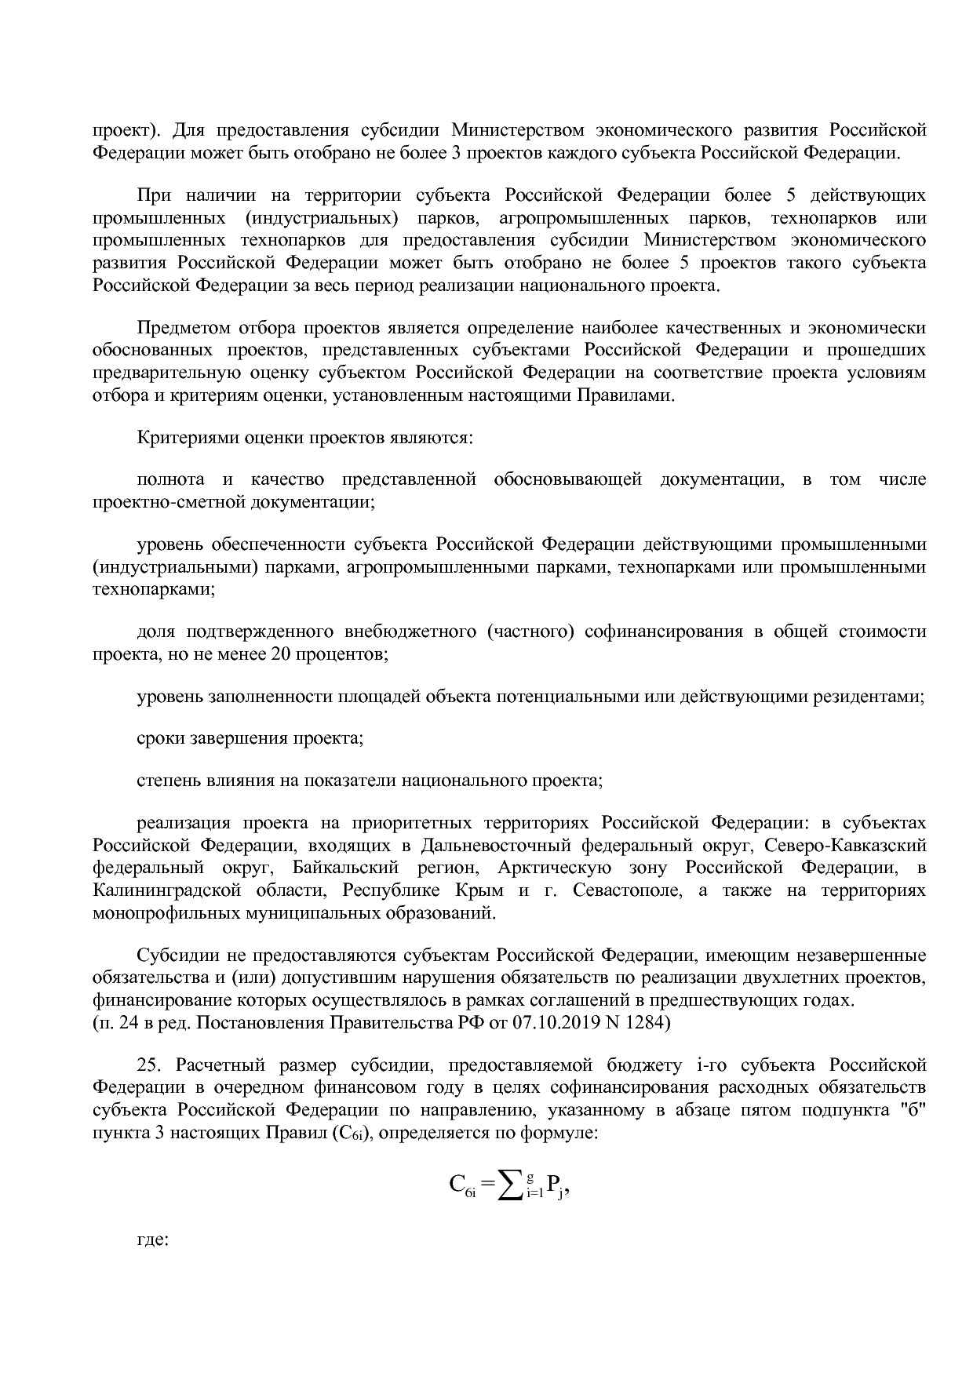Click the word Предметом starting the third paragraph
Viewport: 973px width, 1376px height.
(185, 328)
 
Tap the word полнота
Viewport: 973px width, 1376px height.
(171, 479)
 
